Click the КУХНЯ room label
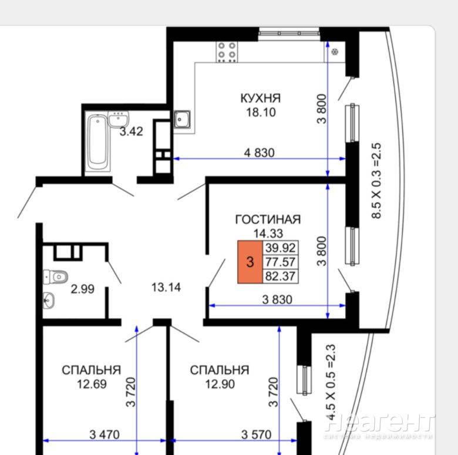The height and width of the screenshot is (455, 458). click(261, 98)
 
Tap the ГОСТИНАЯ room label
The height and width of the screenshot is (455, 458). click(268, 220)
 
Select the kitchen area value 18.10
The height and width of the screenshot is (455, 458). click(261, 112)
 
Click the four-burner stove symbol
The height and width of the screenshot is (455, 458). click(227, 52)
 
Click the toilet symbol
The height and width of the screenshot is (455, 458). click(56, 277)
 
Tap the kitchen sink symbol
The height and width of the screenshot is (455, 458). click(182, 119)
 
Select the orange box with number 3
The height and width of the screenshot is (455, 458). click(250, 262)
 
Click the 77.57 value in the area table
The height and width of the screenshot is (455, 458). click(281, 262)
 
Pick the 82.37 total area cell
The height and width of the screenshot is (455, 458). click(281, 276)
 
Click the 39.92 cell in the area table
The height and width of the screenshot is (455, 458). click(281, 248)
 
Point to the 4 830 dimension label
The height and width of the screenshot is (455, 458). click(260, 153)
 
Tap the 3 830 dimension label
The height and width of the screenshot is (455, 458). click(277, 299)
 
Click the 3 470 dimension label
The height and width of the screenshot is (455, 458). click(105, 435)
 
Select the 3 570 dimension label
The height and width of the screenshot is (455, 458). click(256, 435)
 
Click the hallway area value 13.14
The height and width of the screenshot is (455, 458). click(166, 288)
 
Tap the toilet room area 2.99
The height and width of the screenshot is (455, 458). click(83, 289)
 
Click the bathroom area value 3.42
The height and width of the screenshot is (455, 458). click(132, 132)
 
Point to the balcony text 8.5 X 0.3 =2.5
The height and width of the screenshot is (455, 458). click(376, 181)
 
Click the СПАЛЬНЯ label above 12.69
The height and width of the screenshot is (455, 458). click(92, 370)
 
